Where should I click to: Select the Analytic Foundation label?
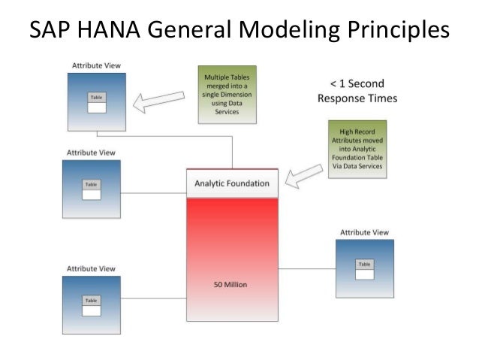(x=232, y=183)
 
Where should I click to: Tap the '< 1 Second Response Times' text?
(x=357, y=91)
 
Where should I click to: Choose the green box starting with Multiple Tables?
(x=223, y=94)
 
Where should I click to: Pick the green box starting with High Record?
(x=357, y=149)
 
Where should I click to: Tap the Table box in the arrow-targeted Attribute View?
(x=97, y=103)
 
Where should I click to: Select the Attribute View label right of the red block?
(x=364, y=233)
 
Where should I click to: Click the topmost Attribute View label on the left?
(x=95, y=66)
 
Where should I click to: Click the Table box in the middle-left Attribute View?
(x=91, y=189)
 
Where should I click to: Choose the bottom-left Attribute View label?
(x=91, y=268)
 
